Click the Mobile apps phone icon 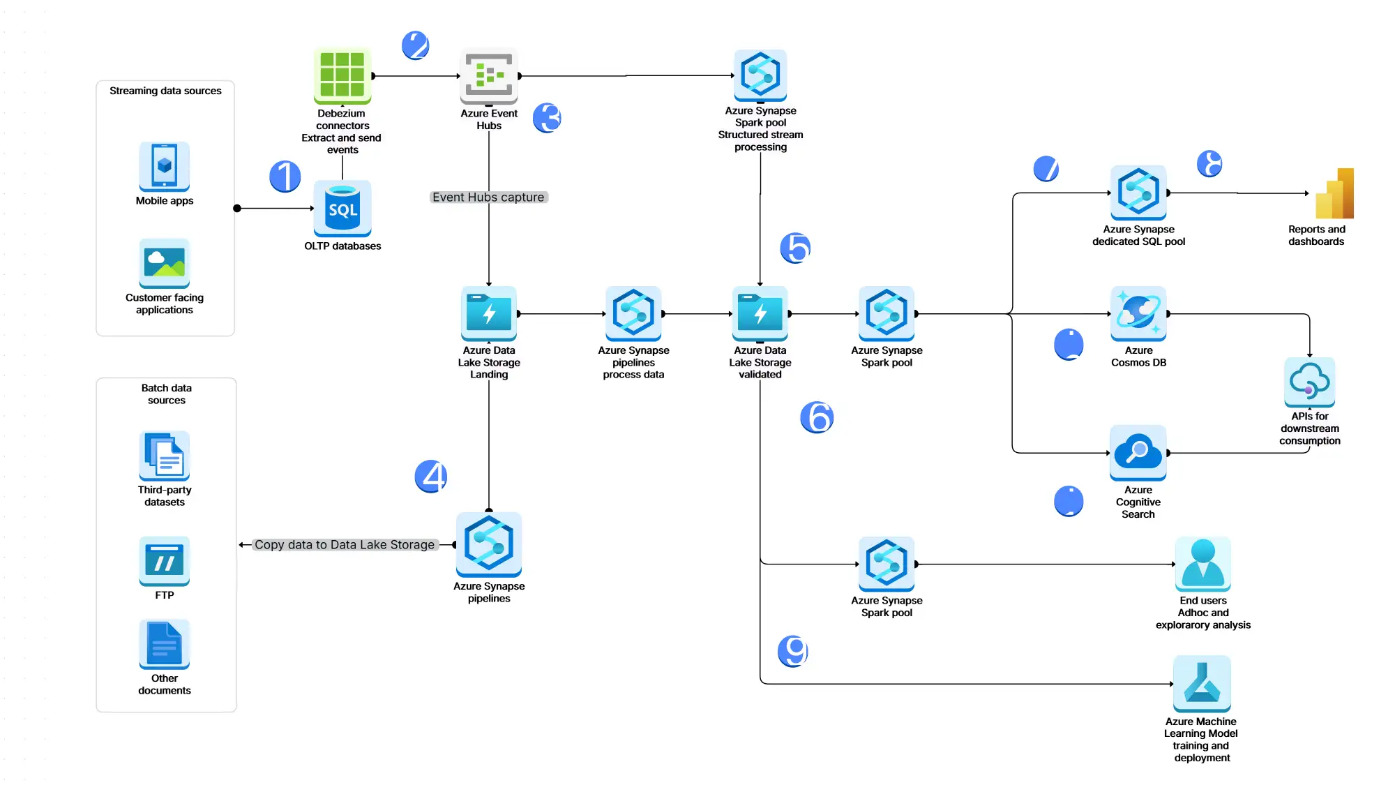(165, 166)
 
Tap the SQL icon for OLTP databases (342, 208)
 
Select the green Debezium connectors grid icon (342, 75)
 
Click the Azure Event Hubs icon (489, 75)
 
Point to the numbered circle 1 (285, 176)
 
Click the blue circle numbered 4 (431, 477)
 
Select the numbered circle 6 (817, 417)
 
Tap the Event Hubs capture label (488, 197)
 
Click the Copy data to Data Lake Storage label (345, 545)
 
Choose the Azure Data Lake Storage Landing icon (489, 313)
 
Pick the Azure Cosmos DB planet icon (1138, 313)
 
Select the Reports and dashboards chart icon (1334, 194)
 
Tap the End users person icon (1203, 564)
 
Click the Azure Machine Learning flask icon (1202, 683)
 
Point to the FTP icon (165, 561)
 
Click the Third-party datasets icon (165, 456)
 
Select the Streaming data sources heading (165, 91)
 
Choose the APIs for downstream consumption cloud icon (1309, 382)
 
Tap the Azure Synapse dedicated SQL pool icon (1138, 193)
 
